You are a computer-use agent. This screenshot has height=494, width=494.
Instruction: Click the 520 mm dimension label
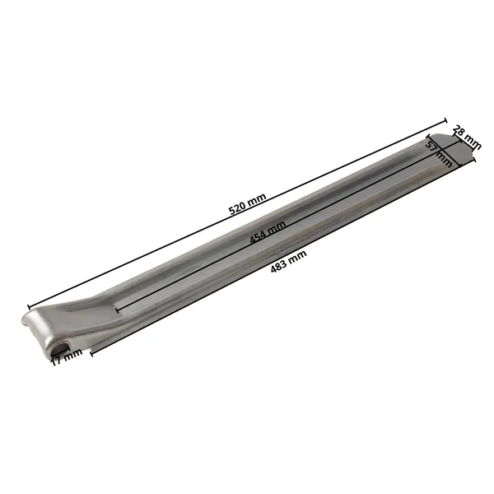[x=247, y=204]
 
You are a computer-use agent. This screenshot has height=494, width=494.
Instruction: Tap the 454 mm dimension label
[x=268, y=232]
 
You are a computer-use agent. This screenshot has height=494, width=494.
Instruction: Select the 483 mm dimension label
[x=289, y=261]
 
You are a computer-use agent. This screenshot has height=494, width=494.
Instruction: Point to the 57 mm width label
[x=439, y=154]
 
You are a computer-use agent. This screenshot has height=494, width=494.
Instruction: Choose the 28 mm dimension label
[x=467, y=137]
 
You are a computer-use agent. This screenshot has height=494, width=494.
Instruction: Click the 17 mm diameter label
[x=67, y=357]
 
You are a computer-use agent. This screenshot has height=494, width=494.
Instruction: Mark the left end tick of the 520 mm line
[x=29, y=307]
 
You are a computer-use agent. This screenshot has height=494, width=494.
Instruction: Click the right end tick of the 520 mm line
[x=445, y=121]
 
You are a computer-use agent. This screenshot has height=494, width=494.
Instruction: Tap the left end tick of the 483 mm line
[x=91, y=353]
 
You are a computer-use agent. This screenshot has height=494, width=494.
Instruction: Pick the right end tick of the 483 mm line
[x=474, y=160]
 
